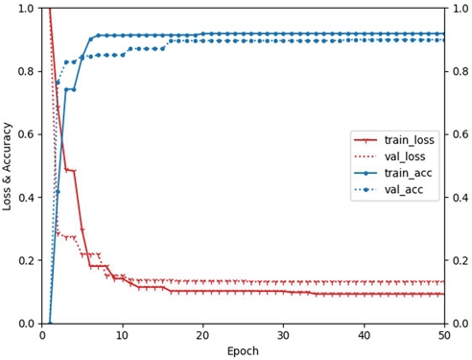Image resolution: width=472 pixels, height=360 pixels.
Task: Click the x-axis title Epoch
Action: [243, 351]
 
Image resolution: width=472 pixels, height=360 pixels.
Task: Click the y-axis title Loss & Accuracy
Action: [9, 165]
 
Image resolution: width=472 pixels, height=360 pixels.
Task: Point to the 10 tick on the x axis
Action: [122, 335]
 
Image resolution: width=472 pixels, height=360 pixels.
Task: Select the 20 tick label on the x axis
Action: [202, 335]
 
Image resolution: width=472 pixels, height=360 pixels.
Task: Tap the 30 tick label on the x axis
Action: [283, 335]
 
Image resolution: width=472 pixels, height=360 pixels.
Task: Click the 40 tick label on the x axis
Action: [364, 335]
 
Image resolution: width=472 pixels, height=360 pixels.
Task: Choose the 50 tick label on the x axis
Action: [444, 335]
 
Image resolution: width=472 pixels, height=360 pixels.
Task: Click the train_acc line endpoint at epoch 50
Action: [444, 34]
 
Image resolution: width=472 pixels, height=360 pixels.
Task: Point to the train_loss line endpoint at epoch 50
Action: [444, 294]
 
